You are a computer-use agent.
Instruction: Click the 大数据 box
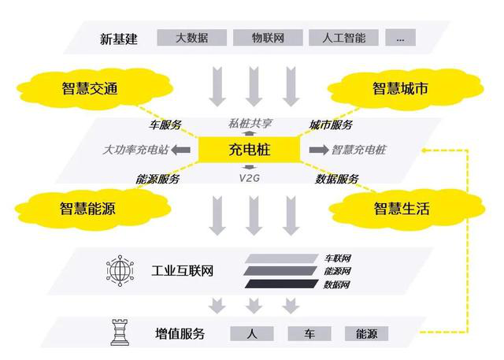[192, 38]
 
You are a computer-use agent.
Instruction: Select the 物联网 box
[268, 38]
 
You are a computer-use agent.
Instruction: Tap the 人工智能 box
[343, 38]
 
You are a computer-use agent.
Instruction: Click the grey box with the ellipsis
[401, 38]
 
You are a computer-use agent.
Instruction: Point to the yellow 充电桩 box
[250, 150]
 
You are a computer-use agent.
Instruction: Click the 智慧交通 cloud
[93, 88]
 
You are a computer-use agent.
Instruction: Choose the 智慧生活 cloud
[406, 209]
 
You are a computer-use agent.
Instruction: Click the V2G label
[250, 178]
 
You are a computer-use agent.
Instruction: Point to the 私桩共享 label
[250, 124]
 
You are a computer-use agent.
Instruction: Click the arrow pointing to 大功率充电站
[180, 150]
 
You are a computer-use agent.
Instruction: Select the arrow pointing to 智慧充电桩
[319, 150]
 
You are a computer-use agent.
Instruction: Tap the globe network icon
[120, 271]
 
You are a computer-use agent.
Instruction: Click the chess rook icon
[120, 332]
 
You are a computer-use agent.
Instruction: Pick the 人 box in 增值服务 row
[252, 334]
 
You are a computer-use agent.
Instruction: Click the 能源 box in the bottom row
[366, 334]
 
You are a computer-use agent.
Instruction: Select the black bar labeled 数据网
[282, 284]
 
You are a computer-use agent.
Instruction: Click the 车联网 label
[337, 258]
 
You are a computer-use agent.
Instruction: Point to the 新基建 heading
[119, 39]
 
